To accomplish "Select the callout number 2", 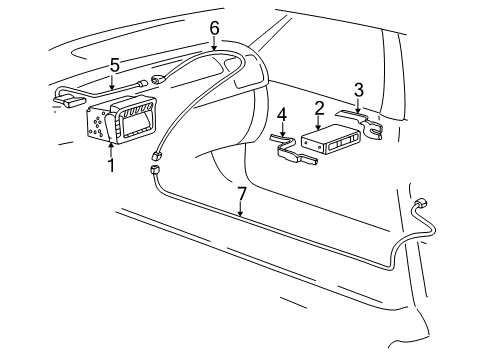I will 319,108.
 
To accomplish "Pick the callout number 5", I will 116,66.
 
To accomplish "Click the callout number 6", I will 214,28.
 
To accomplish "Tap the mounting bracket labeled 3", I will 365,122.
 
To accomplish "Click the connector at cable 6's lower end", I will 158,155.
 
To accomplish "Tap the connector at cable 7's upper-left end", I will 154,171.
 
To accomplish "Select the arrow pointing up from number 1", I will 111,150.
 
